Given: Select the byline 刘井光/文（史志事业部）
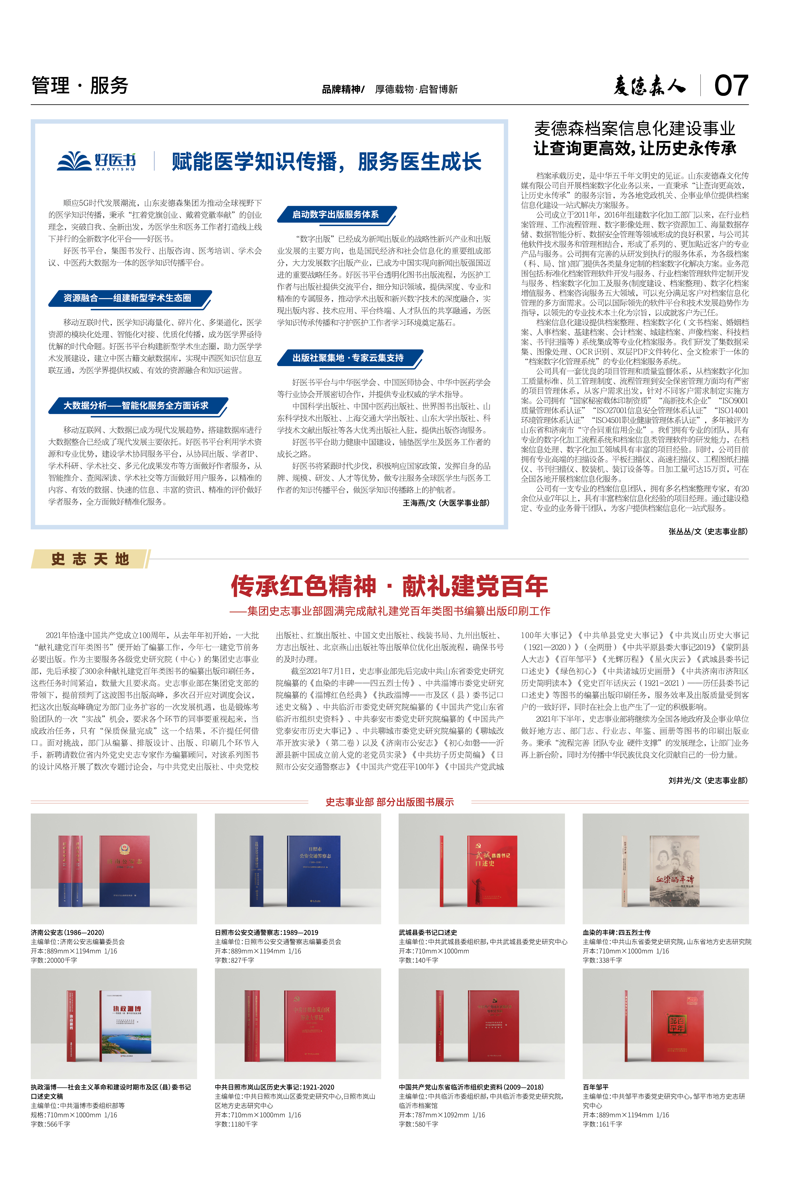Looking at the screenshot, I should coord(708,780).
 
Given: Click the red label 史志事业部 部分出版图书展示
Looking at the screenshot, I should coord(389,802).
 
